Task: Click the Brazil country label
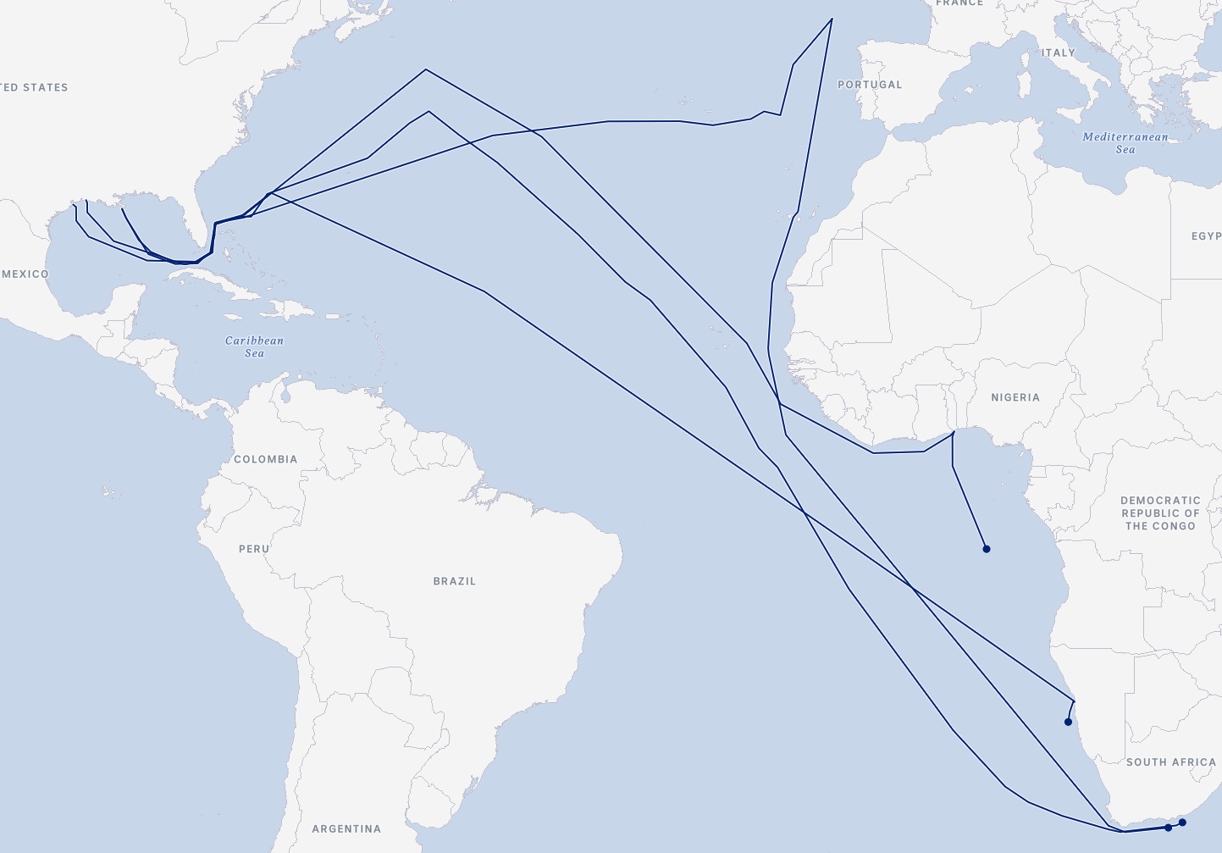(454, 581)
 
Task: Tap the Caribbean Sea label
(254, 346)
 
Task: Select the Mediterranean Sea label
(1125, 143)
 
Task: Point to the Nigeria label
(1015, 397)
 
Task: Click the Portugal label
(870, 85)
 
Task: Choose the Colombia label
(265, 459)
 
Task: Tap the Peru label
(254, 549)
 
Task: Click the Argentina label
(346, 828)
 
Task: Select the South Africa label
(1170, 762)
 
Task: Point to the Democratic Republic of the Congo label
(1160, 513)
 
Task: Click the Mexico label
(25, 274)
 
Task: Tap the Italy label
(1058, 53)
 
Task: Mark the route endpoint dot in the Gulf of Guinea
(987, 549)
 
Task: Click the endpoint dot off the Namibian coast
(1068, 722)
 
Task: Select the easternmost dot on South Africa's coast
(1182, 823)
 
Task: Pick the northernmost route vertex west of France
(832, 19)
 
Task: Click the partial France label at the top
(959, 3)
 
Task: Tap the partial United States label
(34, 87)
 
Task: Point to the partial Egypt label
(1206, 236)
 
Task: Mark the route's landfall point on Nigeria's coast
(954, 433)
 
